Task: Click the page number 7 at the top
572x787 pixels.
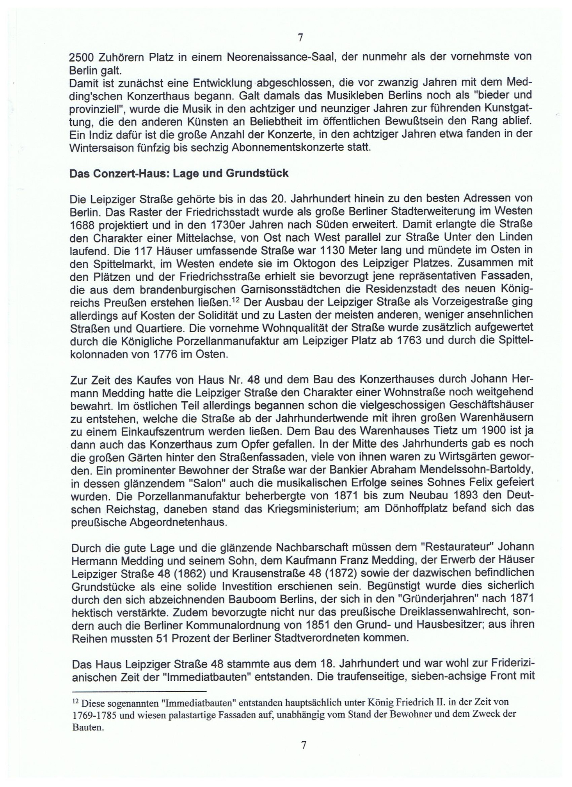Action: click(300, 37)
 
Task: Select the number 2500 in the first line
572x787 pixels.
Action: click(81, 57)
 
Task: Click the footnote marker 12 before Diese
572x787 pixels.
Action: click(76, 701)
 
